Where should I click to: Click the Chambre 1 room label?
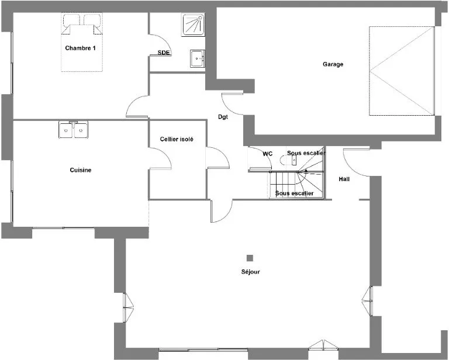[80, 48]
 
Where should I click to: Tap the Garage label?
[333, 64]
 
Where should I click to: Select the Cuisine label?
[81, 170]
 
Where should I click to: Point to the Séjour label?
[251, 272]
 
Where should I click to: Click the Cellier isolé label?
[177, 139]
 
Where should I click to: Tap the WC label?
[267, 154]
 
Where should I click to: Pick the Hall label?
[344, 179]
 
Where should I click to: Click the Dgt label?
[223, 117]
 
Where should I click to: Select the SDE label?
[164, 53]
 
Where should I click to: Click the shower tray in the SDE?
[193, 25]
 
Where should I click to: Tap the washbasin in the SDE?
[197, 58]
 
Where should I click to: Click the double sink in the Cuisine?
[74, 130]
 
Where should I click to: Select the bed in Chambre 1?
[82, 42]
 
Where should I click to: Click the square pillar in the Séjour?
[250, 258]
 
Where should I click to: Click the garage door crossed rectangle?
[402, 71]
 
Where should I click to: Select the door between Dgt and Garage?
[232, 103]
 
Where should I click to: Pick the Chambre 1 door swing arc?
[137, 106]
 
